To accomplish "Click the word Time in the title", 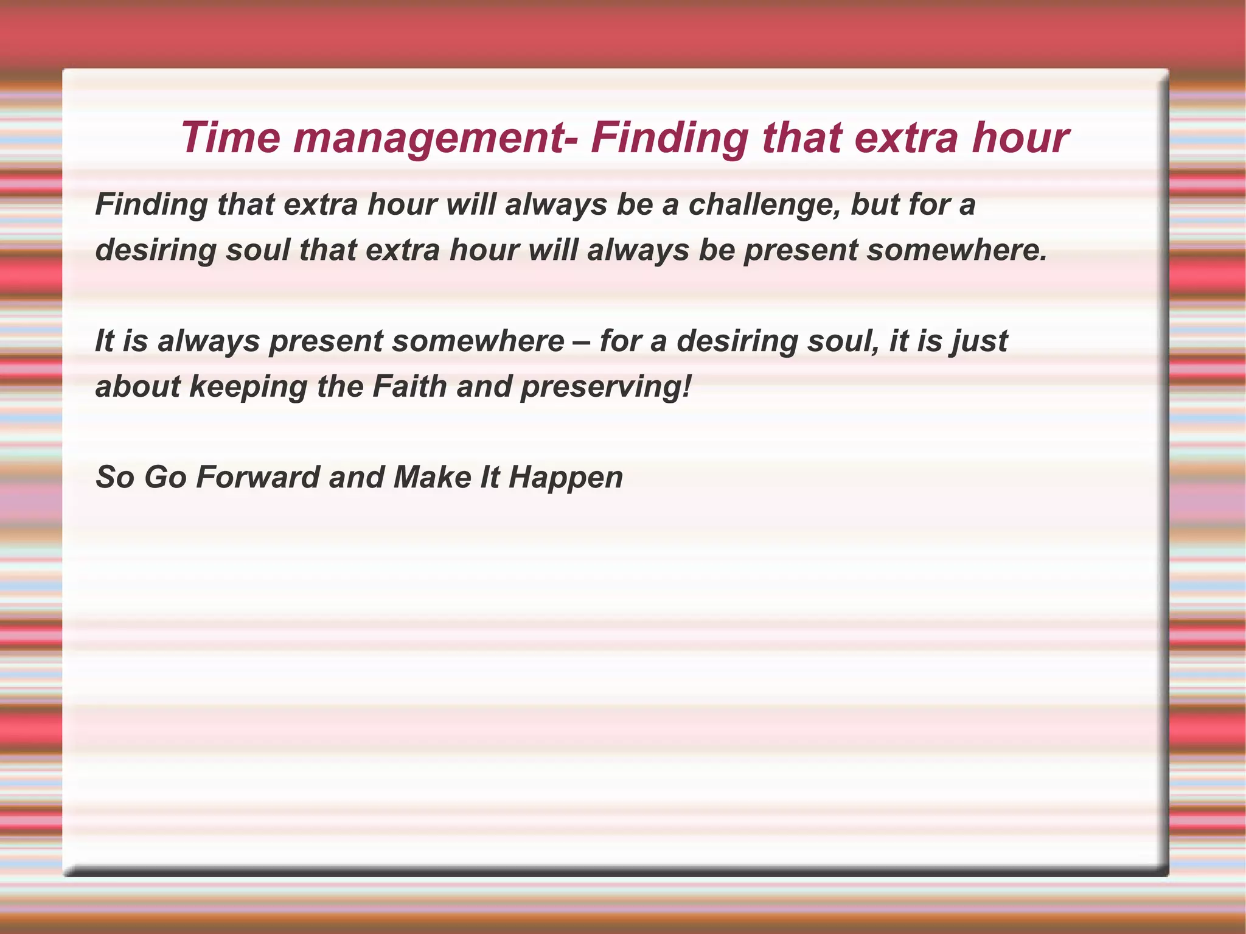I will [231, 138].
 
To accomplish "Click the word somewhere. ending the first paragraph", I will [957, 250].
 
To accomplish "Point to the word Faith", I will [409, 386].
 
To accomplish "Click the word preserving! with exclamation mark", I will [606, 387].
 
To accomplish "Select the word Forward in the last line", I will [258, 477].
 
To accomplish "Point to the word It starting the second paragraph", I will [105, 341].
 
